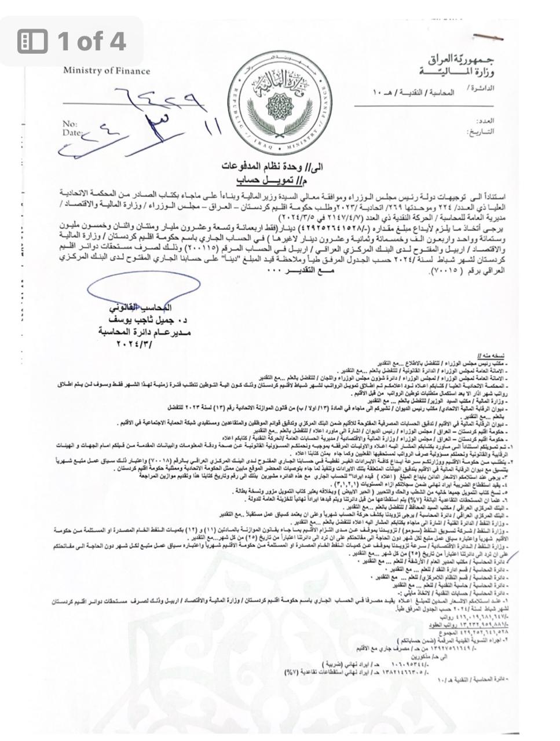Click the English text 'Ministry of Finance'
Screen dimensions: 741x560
[x=107, y=71]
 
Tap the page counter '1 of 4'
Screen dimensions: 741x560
[x=91, y=41]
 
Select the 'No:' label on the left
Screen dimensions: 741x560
[x=69, y=124]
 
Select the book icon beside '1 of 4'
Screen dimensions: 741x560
[x=32, y=41]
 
